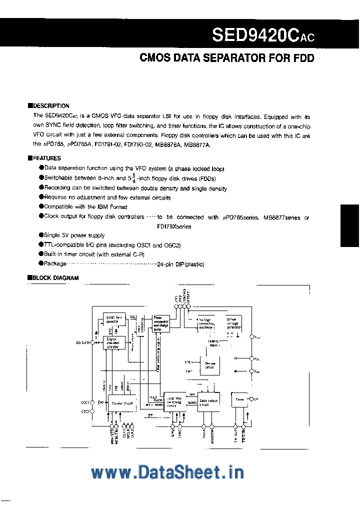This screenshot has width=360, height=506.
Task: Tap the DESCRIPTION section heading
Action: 51,106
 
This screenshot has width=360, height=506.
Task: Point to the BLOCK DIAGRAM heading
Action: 55,278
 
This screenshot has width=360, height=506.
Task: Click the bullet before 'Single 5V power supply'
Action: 41,235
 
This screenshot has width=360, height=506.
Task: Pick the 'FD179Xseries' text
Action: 170,226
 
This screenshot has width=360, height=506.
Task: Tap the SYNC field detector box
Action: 113,319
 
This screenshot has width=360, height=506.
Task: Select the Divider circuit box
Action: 122,402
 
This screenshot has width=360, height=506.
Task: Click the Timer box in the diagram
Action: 239,399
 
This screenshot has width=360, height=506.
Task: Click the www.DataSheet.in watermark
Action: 167,472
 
